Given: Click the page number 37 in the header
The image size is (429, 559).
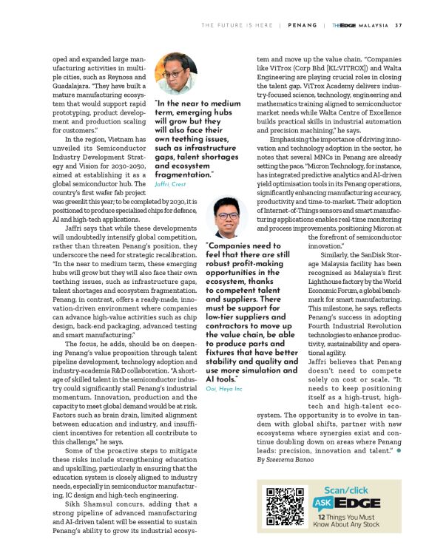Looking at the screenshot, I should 399,25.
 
